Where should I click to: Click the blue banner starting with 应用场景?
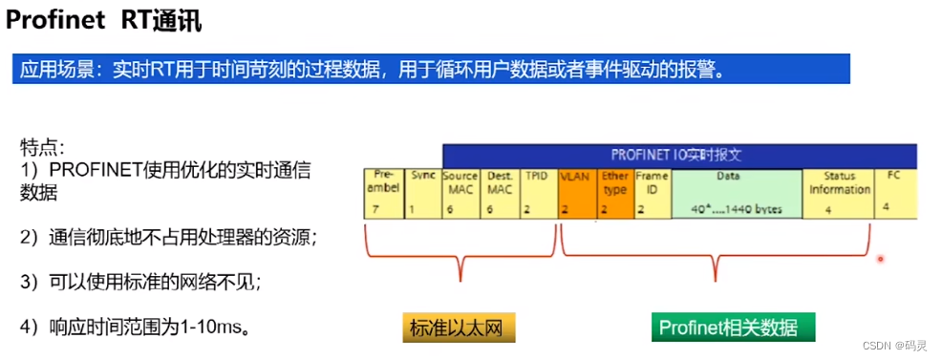429,69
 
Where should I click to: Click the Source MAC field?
460,195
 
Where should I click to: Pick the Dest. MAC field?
500,195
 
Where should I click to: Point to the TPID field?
536,195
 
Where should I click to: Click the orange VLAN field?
574,195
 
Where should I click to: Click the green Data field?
736,195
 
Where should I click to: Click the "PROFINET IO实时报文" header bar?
679,155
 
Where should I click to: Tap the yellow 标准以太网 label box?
460,328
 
